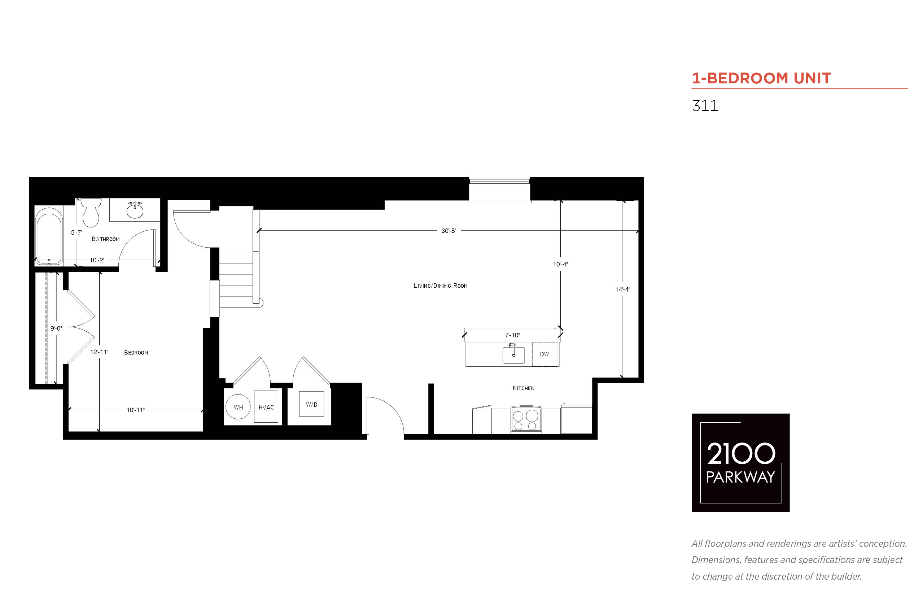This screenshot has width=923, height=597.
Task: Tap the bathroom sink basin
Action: coord(135,211)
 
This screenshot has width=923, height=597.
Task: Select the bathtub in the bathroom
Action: coord(49,236)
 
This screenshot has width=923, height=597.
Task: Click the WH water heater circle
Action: coord(238,407)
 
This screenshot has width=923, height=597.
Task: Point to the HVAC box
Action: coord(266,407)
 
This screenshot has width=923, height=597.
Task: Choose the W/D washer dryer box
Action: coord(311,404)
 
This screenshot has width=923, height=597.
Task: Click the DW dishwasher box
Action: coord(544,354)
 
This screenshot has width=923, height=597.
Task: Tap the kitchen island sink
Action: coord(513,355)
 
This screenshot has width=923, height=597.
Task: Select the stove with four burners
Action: coord(526,420)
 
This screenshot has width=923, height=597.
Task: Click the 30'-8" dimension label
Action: coord(449,231)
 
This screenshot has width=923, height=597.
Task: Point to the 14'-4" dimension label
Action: coord(623,289)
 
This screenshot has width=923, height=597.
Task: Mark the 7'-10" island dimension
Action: coord(512,335)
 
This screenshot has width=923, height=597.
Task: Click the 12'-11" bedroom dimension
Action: coord(99,352)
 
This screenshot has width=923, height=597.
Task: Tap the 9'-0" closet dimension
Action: coord(56,328)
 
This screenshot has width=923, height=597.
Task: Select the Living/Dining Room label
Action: coord(441,286)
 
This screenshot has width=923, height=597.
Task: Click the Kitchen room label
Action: coord(524,388)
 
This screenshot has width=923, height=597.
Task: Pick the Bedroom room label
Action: coord(136,352)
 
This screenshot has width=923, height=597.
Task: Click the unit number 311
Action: coord(705,105)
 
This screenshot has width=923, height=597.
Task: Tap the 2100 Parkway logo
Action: coord(740,462)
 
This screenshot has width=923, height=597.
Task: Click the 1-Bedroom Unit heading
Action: coord(761,78)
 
